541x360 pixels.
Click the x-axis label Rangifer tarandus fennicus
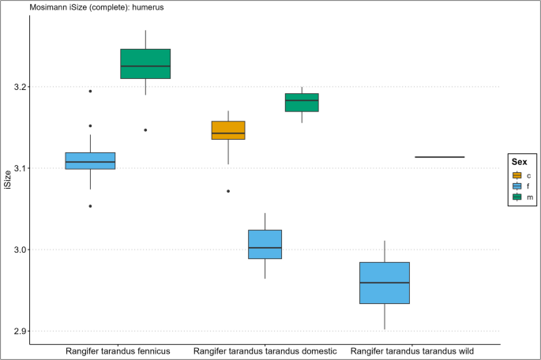(x=118, y=351)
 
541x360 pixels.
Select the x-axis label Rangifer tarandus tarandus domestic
(x=265, y=351)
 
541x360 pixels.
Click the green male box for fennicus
(x=145, y=64)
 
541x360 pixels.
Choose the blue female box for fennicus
(x=90, y=160)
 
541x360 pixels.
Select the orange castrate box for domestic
(x=228, y=130)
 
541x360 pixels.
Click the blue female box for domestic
(x=265, y=244)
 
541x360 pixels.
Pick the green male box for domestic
(x=302, y=102)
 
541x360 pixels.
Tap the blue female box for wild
(x=385, y=283)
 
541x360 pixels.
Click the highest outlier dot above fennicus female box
(x=90, y=92)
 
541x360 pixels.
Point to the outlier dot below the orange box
(x=228, y=191)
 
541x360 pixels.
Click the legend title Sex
(x=520, y=161)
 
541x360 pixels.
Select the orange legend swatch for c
(x=517, y=175)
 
